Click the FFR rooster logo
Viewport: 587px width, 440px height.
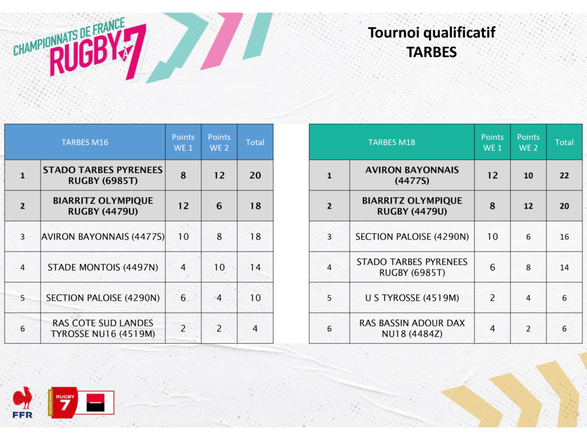pyautogui.click(x=22, y=402)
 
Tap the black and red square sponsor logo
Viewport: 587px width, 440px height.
pyautogui.click(x=95, y=403)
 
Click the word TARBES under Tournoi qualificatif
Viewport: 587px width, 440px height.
pyautogui.click(x=431, y=52)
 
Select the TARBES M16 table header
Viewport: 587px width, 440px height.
pyautogui.click(x=85, y=142)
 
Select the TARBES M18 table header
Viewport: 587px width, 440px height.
pyautogui.click(x=392, y=142)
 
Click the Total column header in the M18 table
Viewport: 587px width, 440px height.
pyautogui.click(x=564, y=142)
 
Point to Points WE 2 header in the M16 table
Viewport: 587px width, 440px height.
pyautogui.click(x=220, y=142)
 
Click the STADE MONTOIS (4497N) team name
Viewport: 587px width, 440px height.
pyautogui.click(x=103, y=267)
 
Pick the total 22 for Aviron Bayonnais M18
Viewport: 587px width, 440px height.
pyautogui.click(x=564, y=175)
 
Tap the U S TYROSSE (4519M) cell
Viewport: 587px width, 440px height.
pyautogui.click(x=412, y=298)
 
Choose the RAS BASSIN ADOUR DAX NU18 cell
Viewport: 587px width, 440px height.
pyautogui.click(x=412, y=328)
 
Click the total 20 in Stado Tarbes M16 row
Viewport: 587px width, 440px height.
pyautogui.click(x=255, y=175)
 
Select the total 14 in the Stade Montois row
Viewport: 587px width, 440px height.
pyautogui.click(x=255, y=267)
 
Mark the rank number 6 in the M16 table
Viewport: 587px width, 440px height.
pyautogui.click(x=22, y=328)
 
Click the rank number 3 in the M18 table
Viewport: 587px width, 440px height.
pyautogui.click(x=330, y=237)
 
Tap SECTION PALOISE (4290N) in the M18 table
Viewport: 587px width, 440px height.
pyautogui.click(x=412, y=237)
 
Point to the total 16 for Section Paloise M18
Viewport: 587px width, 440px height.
pyautogui.click(x=564, y=237)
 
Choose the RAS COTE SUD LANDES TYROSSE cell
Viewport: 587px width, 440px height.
pyautogui.click(x=103, y=328)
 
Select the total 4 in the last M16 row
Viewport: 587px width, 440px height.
pyautogui.click(x=255, y=328)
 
